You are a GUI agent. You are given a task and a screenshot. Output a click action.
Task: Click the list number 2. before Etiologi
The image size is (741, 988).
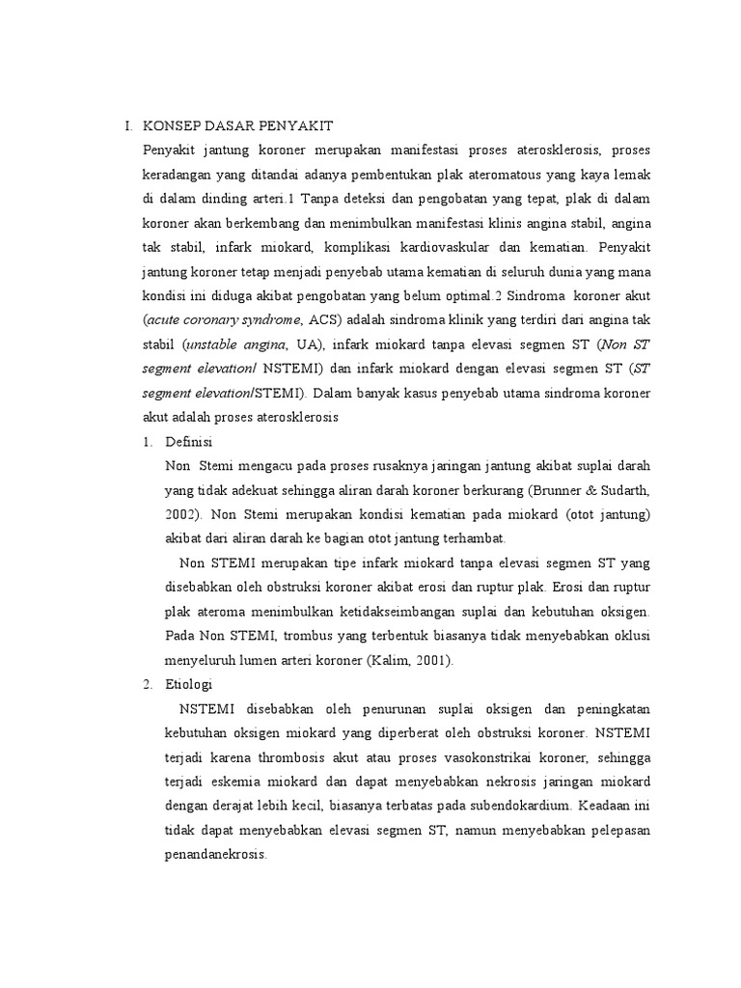click(x=147, y=684)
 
